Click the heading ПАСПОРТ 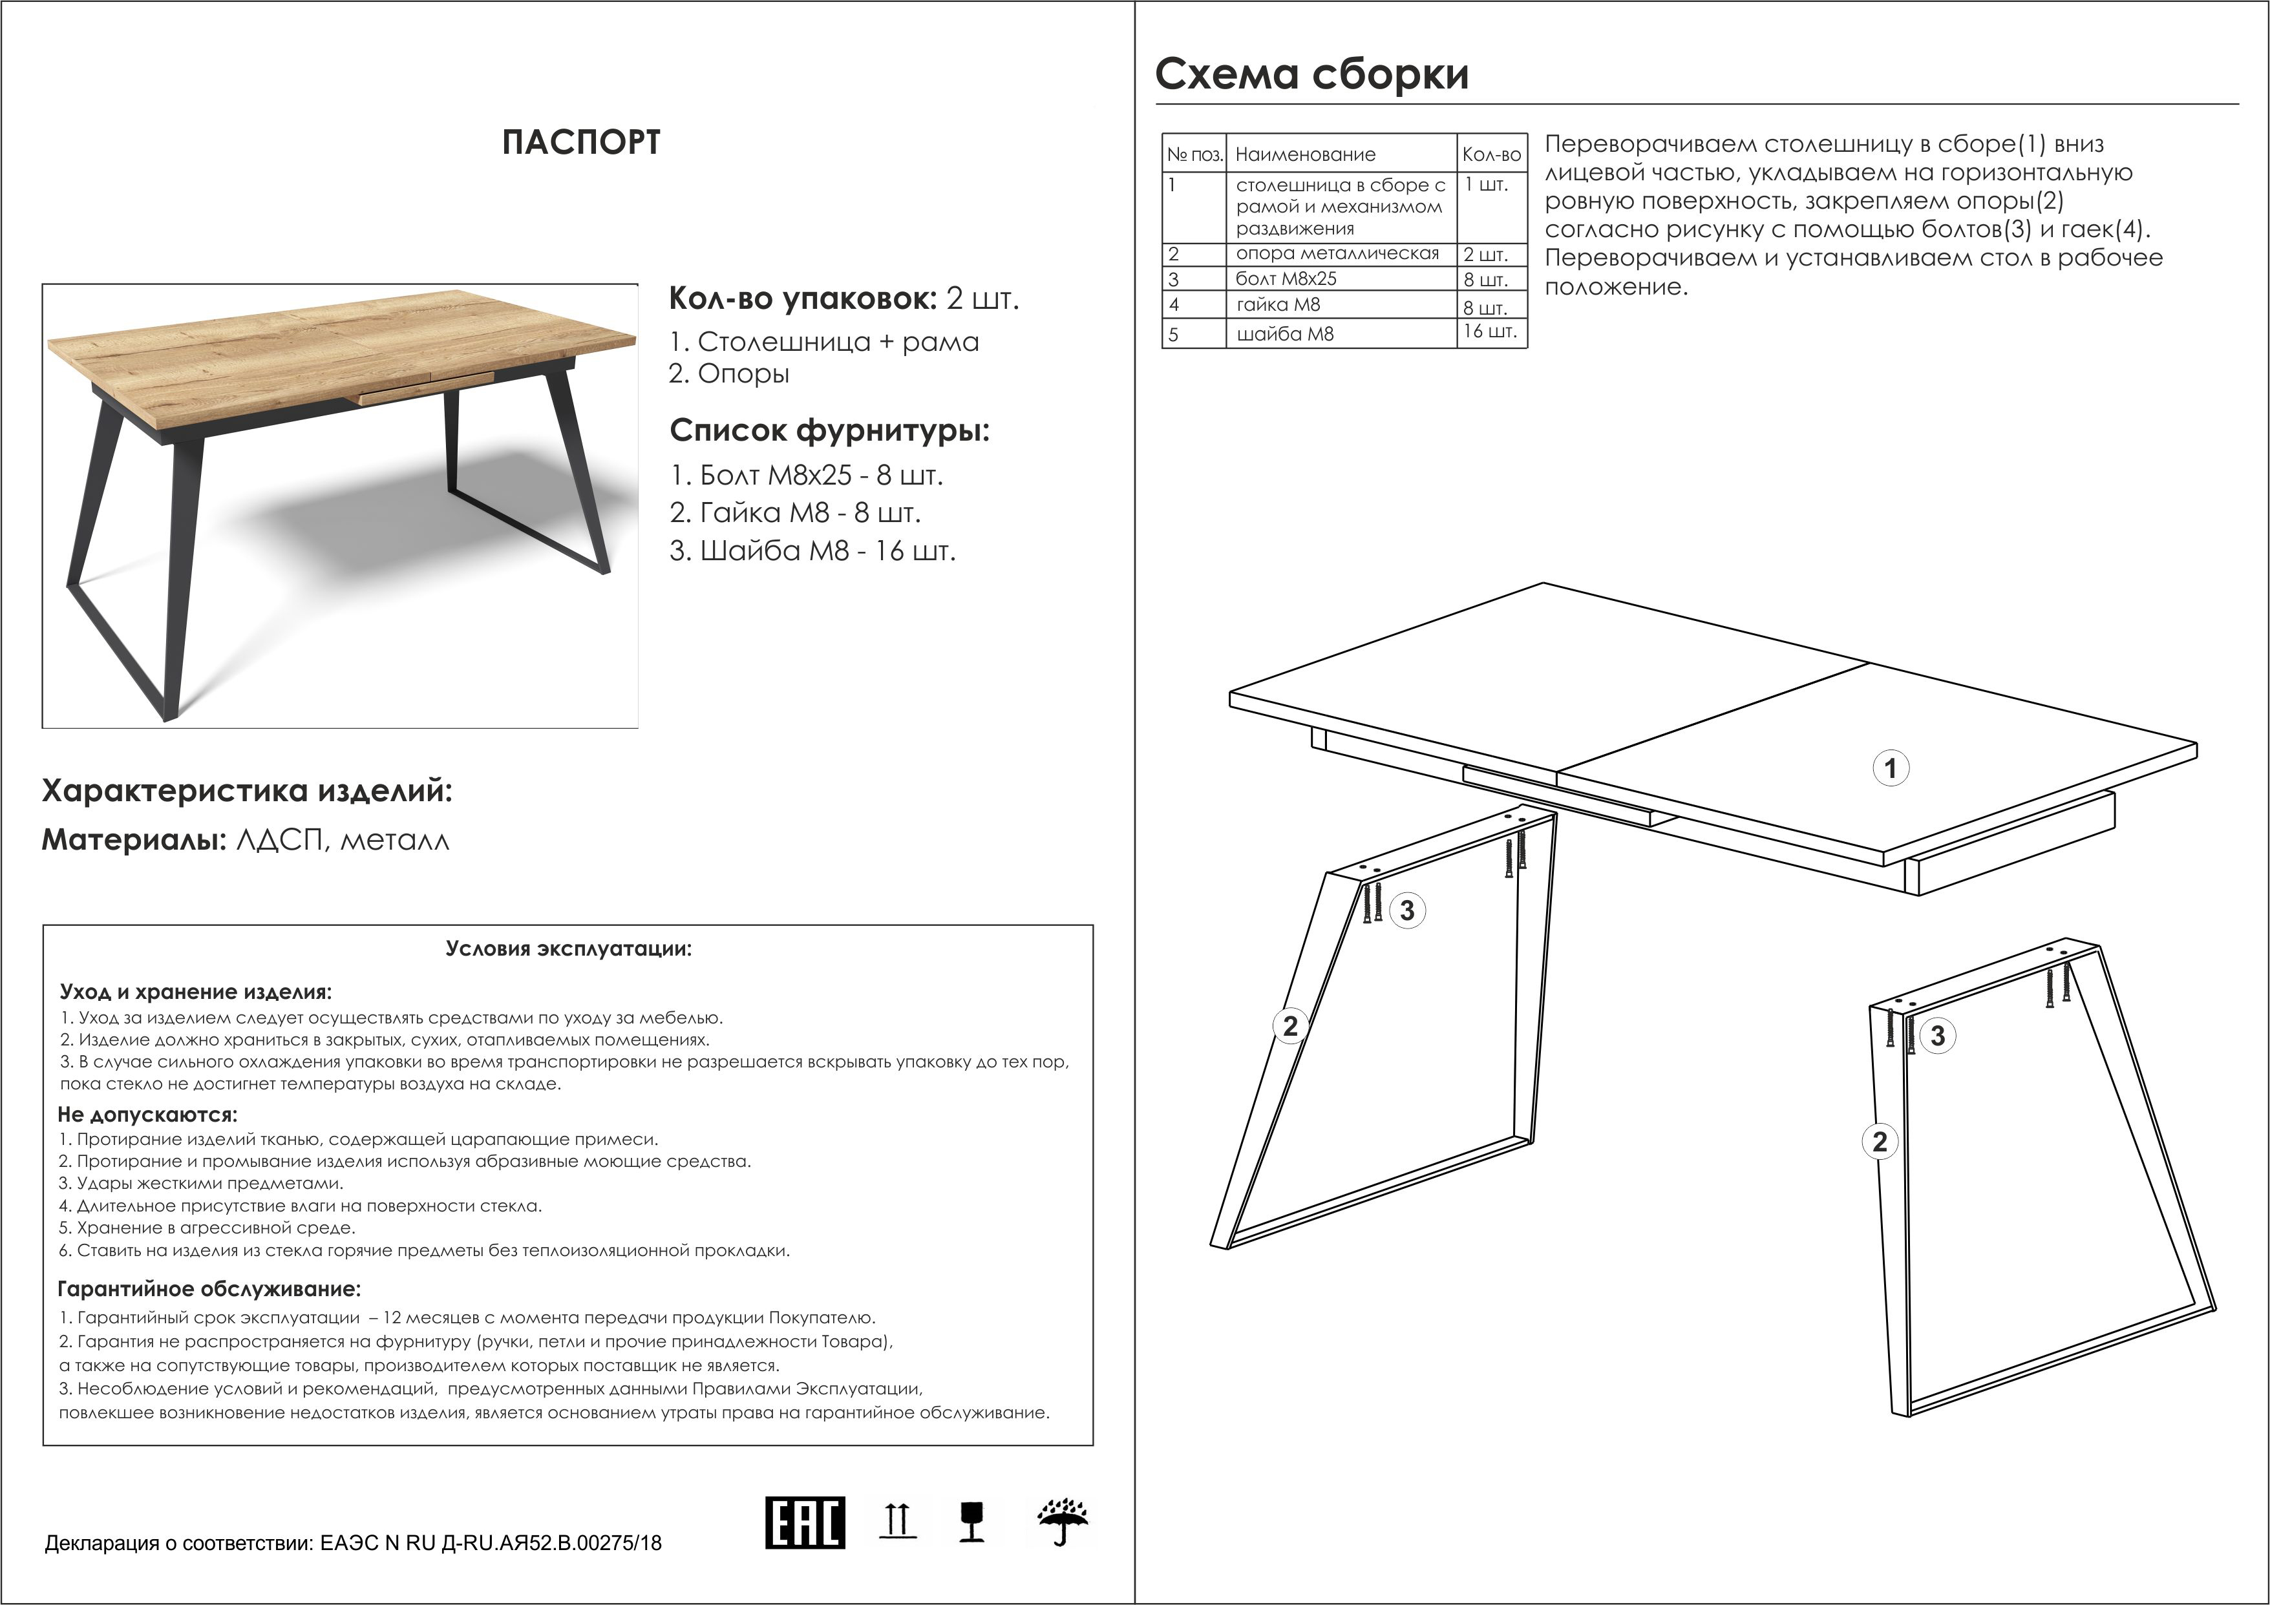point(580,142)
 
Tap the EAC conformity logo point(805,1522)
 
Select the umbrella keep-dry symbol point(1062,1522)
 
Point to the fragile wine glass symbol point(972,1522)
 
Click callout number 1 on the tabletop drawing point(1891,768)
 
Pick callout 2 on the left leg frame point(1289,1026)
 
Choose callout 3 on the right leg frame point(1937,1036)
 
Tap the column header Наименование point(1305,154)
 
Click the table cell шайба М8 point(1284,334)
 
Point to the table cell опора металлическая point(1337,254)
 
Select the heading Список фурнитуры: point(829,431)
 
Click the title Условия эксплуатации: point(569,949)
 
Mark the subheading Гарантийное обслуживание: point(209,1289)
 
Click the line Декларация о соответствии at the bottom point(353,1543)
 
